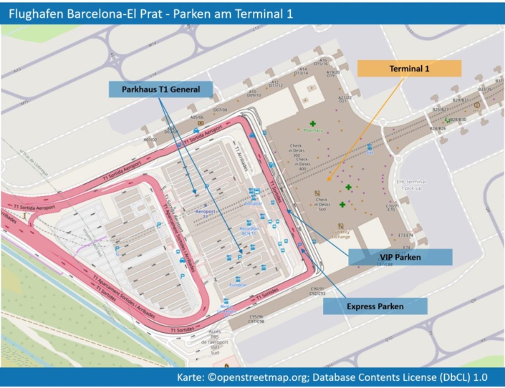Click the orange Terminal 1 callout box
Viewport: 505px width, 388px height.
tap(409, 68)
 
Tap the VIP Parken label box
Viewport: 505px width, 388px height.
tap(400, 257)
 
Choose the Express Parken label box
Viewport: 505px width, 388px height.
tap(375, 306)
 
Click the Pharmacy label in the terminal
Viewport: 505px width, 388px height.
tap(313, 131)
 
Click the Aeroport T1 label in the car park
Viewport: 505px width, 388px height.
tap(206, 212)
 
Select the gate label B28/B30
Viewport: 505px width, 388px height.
tap(458, 120)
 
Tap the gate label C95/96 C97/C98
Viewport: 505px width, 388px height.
tap(256, 318)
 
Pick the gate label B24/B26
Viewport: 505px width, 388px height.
tap(437, 128)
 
